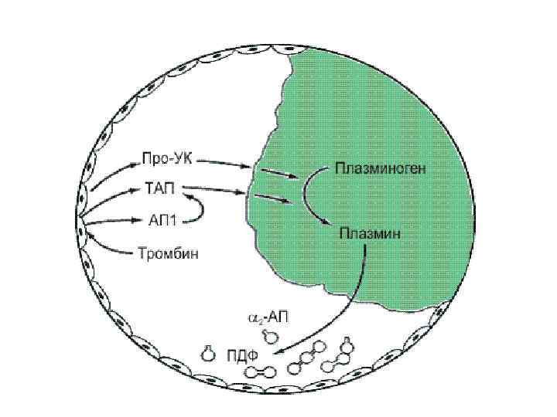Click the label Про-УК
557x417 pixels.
pos(167,160)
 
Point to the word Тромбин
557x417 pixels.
pos(168,253)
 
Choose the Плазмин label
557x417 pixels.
pos(371,230)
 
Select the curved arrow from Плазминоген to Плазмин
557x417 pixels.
pos(306,197)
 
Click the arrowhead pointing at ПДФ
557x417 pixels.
pos(264,353)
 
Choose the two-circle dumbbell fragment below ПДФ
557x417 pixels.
pos(255,371)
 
